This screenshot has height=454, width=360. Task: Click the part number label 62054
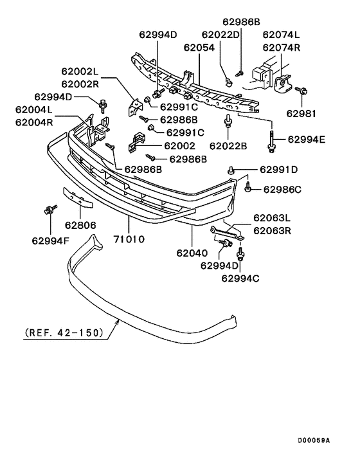point(198,48)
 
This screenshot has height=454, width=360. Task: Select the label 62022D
point(221,35)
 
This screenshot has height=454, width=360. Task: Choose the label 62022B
point(228,146)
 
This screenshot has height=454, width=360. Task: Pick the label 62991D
point(279,170)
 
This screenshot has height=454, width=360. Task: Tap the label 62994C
point(240,278)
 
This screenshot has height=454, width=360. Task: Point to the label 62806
point(80,226)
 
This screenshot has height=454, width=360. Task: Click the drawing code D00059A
point(313,440)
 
